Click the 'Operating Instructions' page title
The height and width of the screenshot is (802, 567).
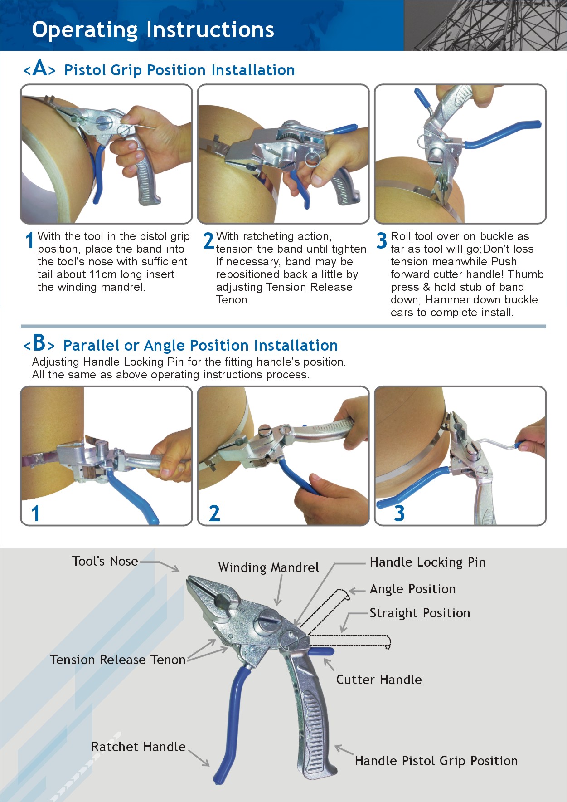pos(153,30)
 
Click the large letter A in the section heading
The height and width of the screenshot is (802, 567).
pos(40,68)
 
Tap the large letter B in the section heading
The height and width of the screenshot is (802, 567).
pos(39,343)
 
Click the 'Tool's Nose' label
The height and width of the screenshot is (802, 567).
pos(105,561)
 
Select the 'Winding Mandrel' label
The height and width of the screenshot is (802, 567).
pos(269,567)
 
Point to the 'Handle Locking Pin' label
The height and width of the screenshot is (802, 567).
pos(427,562)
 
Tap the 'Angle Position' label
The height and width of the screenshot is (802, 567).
pos(412,589)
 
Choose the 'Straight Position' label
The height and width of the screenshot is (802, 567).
pos(420,613)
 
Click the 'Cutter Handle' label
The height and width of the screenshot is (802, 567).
pos(379,680)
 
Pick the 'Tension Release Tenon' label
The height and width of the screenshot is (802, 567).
pos(118,660)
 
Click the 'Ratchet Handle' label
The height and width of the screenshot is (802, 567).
pos(138,747)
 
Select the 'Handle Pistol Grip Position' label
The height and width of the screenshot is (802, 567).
pos(436,761)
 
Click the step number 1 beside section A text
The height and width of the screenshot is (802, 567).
pos(29,240)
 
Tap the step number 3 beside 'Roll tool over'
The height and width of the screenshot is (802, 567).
pos(382,240)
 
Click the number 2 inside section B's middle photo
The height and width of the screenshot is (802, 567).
pos(214,513)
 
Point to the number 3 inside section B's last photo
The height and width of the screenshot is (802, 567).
pos(399,513)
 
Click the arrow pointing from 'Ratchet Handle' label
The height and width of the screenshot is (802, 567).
pos(199,757)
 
